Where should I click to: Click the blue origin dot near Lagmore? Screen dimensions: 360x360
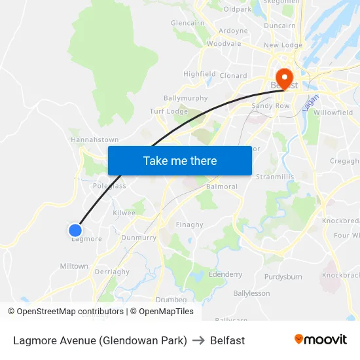(x=75, y=230)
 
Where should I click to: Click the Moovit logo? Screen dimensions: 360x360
(x=320, y=340)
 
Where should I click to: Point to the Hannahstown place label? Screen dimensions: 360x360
(x=94, y=140)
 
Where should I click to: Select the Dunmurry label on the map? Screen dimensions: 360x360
(x=139, y=238)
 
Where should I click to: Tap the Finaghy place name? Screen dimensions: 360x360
(x=190, y=225)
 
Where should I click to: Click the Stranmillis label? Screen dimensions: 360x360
(x=275, y=177)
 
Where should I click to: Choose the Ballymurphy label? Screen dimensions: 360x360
(x=185, y=98)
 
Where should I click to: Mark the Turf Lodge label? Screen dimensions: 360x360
(x=169, y=111)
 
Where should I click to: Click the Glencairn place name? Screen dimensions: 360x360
(x=188, y=23)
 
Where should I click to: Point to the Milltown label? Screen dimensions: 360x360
(x=74, y=266)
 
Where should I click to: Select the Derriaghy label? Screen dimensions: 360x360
(x=112, y=271)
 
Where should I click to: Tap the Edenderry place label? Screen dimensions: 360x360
(x=225, y=274)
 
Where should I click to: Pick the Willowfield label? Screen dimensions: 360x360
(x=333, y=113)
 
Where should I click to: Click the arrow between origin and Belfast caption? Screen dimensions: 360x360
(x=198, y=340)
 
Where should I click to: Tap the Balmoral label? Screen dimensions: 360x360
(x=222, y=187)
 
